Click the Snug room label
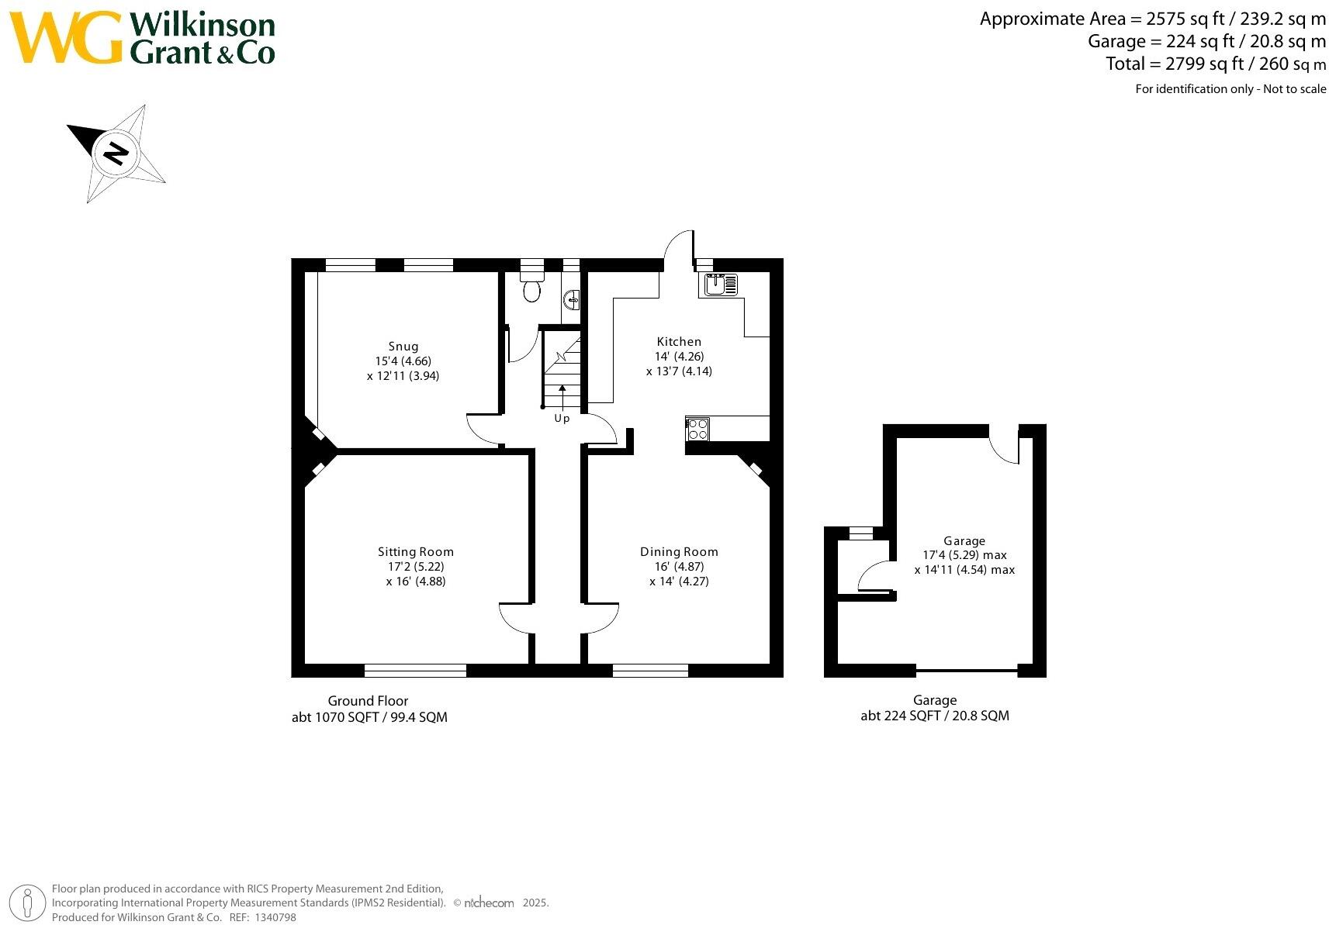[x=403, y=347]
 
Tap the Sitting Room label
[x=415, y=552]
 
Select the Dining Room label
[x=679, y=552]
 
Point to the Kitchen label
[x=679, y=342]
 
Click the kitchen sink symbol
[x=721, y=285]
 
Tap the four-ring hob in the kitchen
[x=697, y=429]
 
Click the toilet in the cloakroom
[x=531, y=289]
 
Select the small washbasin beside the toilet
[x=572, y=299]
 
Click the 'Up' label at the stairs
[x=562, y=419]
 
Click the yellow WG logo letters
[x=66, y=38]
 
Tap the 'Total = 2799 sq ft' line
[x=1216, y=64]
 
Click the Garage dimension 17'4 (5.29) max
[x=964, y=555]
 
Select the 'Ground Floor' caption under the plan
[x=368, y=701]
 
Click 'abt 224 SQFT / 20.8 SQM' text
[x=935, y=716]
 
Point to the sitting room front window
[x=415, y=671]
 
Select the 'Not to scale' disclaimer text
[x=1294, y=89]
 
